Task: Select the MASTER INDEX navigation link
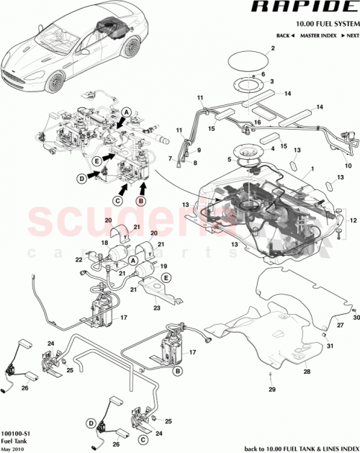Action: [320, 35]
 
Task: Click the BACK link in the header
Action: [285, 35]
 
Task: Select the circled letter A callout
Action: [126, 112]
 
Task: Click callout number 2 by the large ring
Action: [273, 49]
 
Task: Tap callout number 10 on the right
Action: [348, 165]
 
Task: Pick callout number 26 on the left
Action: [24, 387]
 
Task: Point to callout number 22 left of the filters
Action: [78, 259]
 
